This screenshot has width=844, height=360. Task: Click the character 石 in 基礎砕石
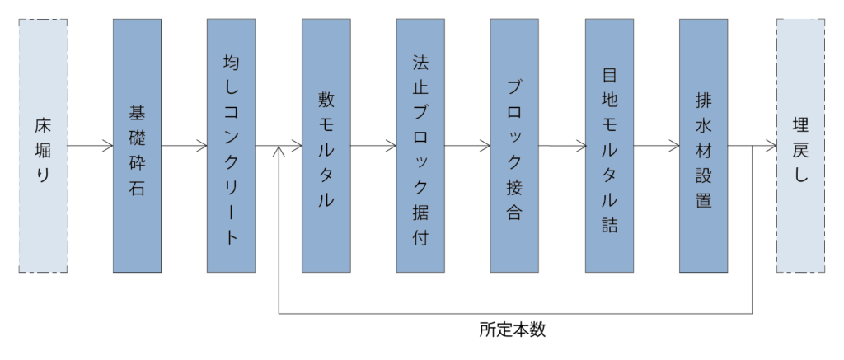(137, 189)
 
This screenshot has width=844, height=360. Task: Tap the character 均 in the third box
(232, 63)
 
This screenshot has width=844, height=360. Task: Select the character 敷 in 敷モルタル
(326, 99)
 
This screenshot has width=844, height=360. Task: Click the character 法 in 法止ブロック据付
(420, 63)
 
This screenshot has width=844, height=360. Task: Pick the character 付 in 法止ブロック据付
(420, 239)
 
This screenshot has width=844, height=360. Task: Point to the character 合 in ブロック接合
(515, 212)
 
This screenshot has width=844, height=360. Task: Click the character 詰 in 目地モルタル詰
(610, 226)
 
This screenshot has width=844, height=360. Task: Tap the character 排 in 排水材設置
(704, 100)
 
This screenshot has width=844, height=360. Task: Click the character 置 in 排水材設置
(704, 200)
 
